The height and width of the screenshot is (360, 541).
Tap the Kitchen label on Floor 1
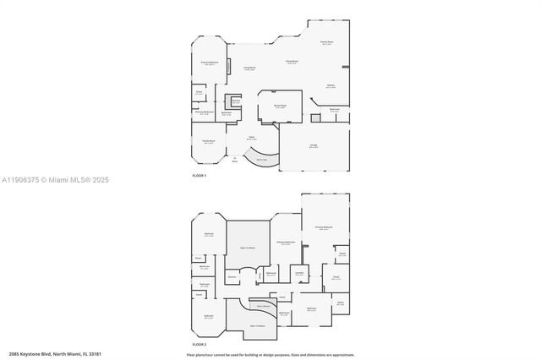(x=332, y=85)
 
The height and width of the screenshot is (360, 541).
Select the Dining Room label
(x=292, y=63)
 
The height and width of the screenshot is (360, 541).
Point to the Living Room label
(x=250, y=68)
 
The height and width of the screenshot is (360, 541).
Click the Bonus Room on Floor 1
(x=280, y=106)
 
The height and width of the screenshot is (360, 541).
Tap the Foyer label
(x=251, y=139)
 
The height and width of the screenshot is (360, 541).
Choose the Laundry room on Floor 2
(x=298, y=273)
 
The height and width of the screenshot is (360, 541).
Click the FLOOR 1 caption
(x=199, y=175)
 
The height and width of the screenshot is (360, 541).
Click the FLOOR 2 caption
(x=199, y=345)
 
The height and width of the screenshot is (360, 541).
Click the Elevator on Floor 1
(x=236, y=101)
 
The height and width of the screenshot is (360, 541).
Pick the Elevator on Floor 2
(x=232, y=276)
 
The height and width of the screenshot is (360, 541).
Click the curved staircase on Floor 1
(x=257, y=158)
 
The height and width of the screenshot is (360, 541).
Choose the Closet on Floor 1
(x=199, y=92)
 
